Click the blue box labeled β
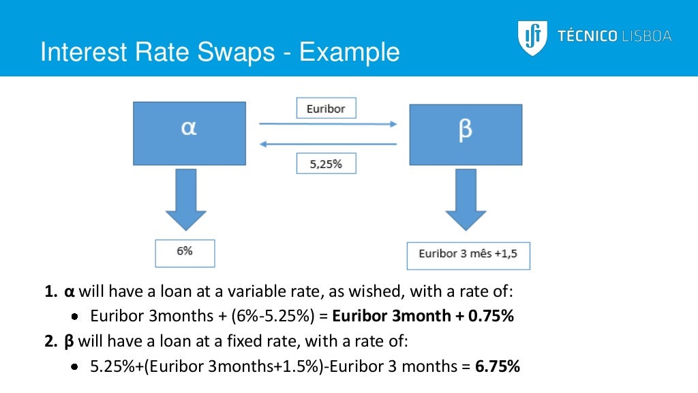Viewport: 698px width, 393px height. pos(465,134)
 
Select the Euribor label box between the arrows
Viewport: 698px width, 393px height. pos(326,108)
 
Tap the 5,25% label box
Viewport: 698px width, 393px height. pos(326,164)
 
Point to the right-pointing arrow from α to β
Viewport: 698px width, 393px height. pos(327,124)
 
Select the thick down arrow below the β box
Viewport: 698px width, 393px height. pos(466,201)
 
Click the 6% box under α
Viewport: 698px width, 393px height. pos(185,252)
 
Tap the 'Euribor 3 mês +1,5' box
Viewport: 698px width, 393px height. pos(468,254)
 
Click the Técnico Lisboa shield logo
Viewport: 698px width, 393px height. pos(532,36)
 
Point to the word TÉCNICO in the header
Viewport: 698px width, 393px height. pos(588,36)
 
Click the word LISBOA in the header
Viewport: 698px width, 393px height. pos(646,36)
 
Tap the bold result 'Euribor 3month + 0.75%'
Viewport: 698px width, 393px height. pos(423,316)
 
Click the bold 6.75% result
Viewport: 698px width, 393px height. pos(498,366)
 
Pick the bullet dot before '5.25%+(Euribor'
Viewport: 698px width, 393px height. pos(77,366)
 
